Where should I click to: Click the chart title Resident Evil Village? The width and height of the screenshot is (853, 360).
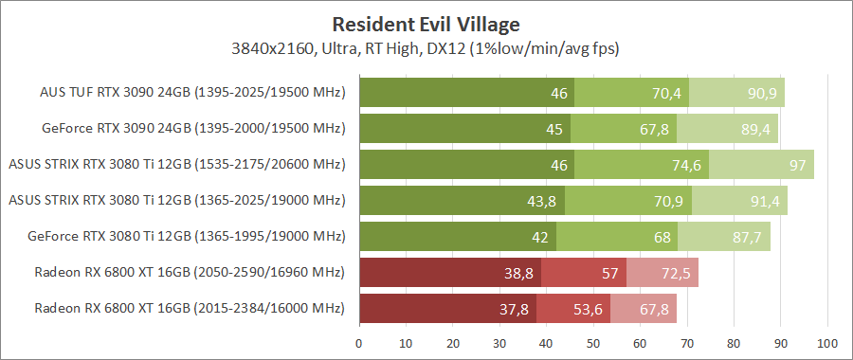click(426, 22)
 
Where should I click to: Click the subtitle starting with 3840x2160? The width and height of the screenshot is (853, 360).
click(426, 46)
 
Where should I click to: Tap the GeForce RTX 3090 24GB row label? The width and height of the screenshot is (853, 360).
click(193, 128)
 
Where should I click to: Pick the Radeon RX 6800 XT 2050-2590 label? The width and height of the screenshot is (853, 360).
click(190, 273)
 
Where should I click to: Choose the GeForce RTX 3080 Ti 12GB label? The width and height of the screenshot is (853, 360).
click(193, 236)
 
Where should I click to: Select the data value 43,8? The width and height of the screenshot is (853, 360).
click(548, 201)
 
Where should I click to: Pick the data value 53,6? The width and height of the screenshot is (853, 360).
click(591, 309)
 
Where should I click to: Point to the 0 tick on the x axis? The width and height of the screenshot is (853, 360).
click(359, 342)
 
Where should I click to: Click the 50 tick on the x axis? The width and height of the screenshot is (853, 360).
click(593, 342)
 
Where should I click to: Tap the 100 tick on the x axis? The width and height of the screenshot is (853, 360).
click(827, 342)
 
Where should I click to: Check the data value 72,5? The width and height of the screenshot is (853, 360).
click(680, 273)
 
